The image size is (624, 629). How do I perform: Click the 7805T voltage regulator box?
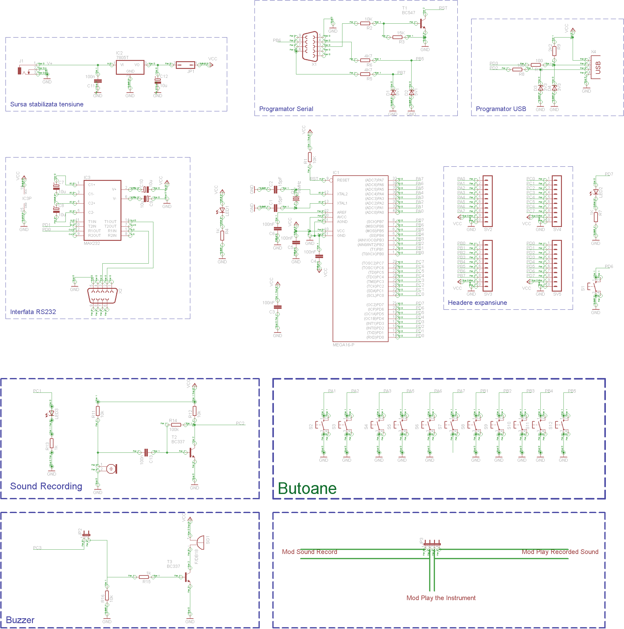[130, 67]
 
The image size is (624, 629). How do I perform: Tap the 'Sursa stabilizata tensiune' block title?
[46, 104]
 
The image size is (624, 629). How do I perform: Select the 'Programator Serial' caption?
[286, 109]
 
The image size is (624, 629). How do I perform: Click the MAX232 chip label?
[92, 243]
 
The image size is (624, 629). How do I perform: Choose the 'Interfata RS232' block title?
[33, 312]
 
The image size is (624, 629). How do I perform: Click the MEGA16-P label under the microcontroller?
[343, 345]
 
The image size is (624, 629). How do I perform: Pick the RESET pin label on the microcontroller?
[343, 180]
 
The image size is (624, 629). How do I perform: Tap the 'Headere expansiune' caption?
[477, 302]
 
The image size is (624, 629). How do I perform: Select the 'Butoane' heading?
[307, 488]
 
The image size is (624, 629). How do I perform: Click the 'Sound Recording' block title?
[46, 486]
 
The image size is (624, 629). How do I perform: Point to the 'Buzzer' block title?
[20, 620]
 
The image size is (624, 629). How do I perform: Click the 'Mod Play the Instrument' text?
[440, 598]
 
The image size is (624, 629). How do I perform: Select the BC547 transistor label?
[408, 13]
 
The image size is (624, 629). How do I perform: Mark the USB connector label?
[598, 67]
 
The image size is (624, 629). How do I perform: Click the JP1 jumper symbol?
[185, 65]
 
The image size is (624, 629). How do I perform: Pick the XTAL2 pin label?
[342, 194]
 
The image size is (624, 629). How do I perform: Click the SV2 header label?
[488, 229]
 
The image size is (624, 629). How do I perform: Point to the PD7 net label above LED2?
[609, 174]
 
